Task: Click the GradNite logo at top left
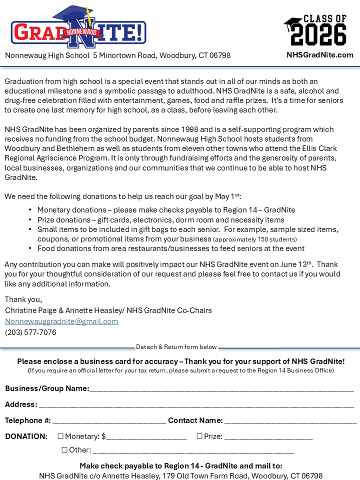tap(78, 28)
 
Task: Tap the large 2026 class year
tap(318, 35)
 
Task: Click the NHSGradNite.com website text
tap(320, 55)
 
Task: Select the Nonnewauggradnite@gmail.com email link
tap(61, 321)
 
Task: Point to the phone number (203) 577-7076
tap(30, 332)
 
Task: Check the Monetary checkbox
tap(60, 436)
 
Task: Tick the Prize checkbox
tap(199, 436)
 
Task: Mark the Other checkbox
tap(64, 450)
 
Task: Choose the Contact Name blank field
tap(290, 421)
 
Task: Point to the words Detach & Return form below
tap(176, 347)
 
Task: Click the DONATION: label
tap(26, 436)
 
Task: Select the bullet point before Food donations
tap(30, 248)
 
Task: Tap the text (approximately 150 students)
tap(255, 239)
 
